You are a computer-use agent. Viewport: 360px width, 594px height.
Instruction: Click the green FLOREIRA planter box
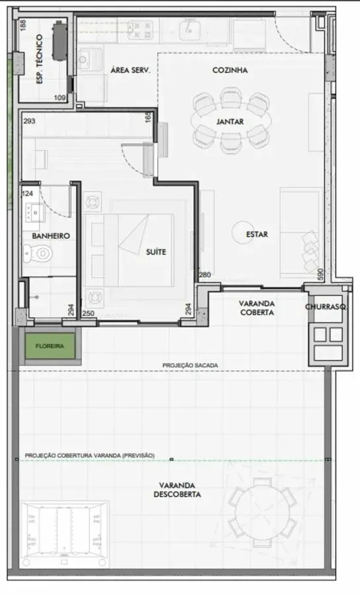point(50,346)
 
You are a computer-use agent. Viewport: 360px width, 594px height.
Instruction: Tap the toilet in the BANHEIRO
point(38,253)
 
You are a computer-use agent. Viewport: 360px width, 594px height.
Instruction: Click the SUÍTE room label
point(156,251)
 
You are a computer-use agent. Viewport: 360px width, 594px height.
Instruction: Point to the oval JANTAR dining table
point(231,121)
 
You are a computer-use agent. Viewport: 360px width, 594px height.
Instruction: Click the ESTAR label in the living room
point(257,234)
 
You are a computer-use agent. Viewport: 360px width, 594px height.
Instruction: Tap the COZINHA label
point(230,70)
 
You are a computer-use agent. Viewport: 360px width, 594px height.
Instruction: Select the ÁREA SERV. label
point(130,70)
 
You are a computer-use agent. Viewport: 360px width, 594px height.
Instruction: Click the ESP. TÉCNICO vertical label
point(40,59)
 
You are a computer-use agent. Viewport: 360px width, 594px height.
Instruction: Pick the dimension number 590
point(320,275)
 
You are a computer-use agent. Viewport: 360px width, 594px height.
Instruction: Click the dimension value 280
point(205,275)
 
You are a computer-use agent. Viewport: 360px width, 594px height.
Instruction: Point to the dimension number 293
point(30,121)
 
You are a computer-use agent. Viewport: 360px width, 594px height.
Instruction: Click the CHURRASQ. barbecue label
point(326,306)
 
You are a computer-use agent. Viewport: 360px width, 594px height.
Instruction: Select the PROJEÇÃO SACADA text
point(190,365)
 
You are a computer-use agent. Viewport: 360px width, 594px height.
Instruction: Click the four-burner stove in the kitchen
point(140,30)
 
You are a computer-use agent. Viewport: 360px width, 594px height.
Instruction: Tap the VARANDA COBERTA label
point(257,308)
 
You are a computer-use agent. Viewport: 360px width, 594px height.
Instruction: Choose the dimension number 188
point(23,25)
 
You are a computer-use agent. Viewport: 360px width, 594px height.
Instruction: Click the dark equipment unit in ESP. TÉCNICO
point(59,40)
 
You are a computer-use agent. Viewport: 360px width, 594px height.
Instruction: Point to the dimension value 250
point(89,313)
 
